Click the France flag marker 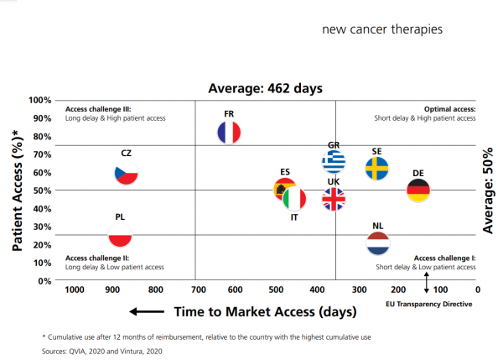228,132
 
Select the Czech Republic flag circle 126,175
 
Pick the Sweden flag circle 377,168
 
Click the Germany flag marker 418,190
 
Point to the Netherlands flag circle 378,243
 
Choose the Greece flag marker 334,161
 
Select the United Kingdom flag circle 334,199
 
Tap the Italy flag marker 294,199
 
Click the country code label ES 285,172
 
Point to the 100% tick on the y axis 41,101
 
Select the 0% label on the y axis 46,280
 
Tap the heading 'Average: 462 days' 265,87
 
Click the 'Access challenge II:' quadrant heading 96,258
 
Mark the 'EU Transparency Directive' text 429,304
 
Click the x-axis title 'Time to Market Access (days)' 265,311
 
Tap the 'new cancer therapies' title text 382,29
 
